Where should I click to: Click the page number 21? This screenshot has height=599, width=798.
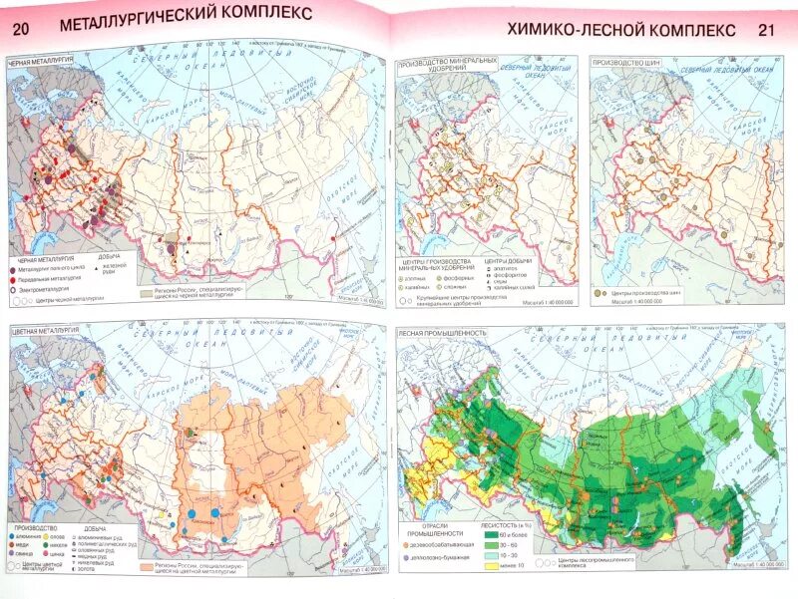coord(765,30)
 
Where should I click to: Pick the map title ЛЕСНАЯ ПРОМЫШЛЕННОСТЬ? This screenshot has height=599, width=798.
coord(442,333)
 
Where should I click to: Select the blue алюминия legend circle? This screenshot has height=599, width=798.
coord(12,537)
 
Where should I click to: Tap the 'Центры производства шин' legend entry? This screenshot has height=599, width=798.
coord(638,294)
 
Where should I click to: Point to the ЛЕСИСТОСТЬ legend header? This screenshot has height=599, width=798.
coord(504,526)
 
